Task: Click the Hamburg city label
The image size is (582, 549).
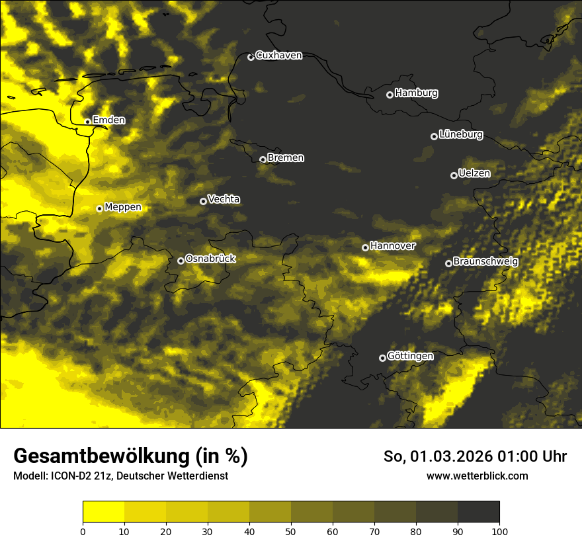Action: [x=416, y=93]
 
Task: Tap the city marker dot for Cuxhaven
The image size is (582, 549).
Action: [x=251, y=57]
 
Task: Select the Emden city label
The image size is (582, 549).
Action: [x=108, y=120]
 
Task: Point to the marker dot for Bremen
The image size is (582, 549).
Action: [x=263, y=159]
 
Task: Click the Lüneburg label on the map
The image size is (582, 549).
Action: [x=460, y=135]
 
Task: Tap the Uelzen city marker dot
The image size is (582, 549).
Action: [x=454, y=175]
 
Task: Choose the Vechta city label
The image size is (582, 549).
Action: [x=224, y=199]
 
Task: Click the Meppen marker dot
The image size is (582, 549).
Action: [x=99, y=208]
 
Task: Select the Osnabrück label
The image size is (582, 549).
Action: [x=210, y=259]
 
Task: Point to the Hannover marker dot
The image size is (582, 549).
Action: [x=365, y=247]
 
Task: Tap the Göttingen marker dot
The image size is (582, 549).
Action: [x=382, y=358]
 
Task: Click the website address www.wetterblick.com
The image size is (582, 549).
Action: [x=477, y=476]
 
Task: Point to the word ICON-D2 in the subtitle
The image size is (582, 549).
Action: [x=68, y=476]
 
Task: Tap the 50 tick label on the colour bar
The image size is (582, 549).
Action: [x=291, y=531]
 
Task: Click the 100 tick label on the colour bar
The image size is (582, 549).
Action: [x=499, y=531]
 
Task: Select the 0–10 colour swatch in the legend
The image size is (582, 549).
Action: [x=104, y=512]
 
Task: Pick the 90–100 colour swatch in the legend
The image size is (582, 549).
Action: [x=478, y=512]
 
